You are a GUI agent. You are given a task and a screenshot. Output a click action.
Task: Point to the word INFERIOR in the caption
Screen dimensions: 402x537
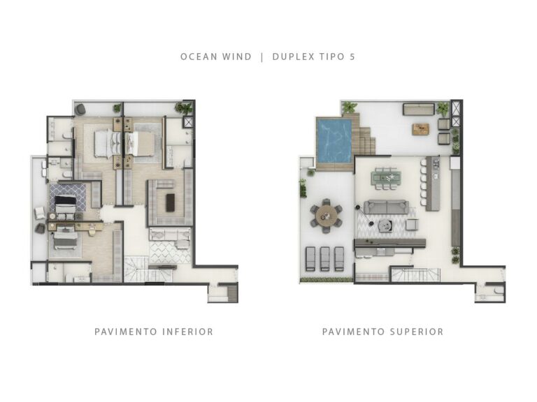point(185,332)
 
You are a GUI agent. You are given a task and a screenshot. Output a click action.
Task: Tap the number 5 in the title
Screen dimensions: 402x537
point(352,57)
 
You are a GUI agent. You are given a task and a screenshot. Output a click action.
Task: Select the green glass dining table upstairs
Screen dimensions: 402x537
point(386,177)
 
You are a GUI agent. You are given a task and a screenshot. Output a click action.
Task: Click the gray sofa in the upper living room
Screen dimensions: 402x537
point(387,207)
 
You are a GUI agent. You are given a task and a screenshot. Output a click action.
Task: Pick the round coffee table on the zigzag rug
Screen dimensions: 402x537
point(383,225)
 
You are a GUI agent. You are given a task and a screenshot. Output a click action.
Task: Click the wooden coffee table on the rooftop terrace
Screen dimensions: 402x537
point(420,128)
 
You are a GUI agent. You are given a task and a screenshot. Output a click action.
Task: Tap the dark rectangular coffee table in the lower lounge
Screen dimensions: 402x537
point(170,203)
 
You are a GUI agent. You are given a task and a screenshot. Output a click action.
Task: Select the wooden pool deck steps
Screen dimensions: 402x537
point(366,140)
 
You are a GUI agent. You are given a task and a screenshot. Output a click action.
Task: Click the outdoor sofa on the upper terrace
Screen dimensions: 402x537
point(417,109)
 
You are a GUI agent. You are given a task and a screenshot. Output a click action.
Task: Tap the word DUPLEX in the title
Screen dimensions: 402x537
point(294,57)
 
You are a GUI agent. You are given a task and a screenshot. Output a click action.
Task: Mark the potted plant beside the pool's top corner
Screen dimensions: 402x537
point(349,107)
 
